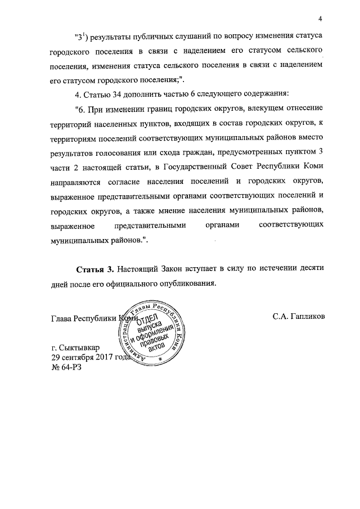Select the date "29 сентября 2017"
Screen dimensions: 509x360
(85, 358)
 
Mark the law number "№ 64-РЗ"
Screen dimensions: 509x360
(66, 367)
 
